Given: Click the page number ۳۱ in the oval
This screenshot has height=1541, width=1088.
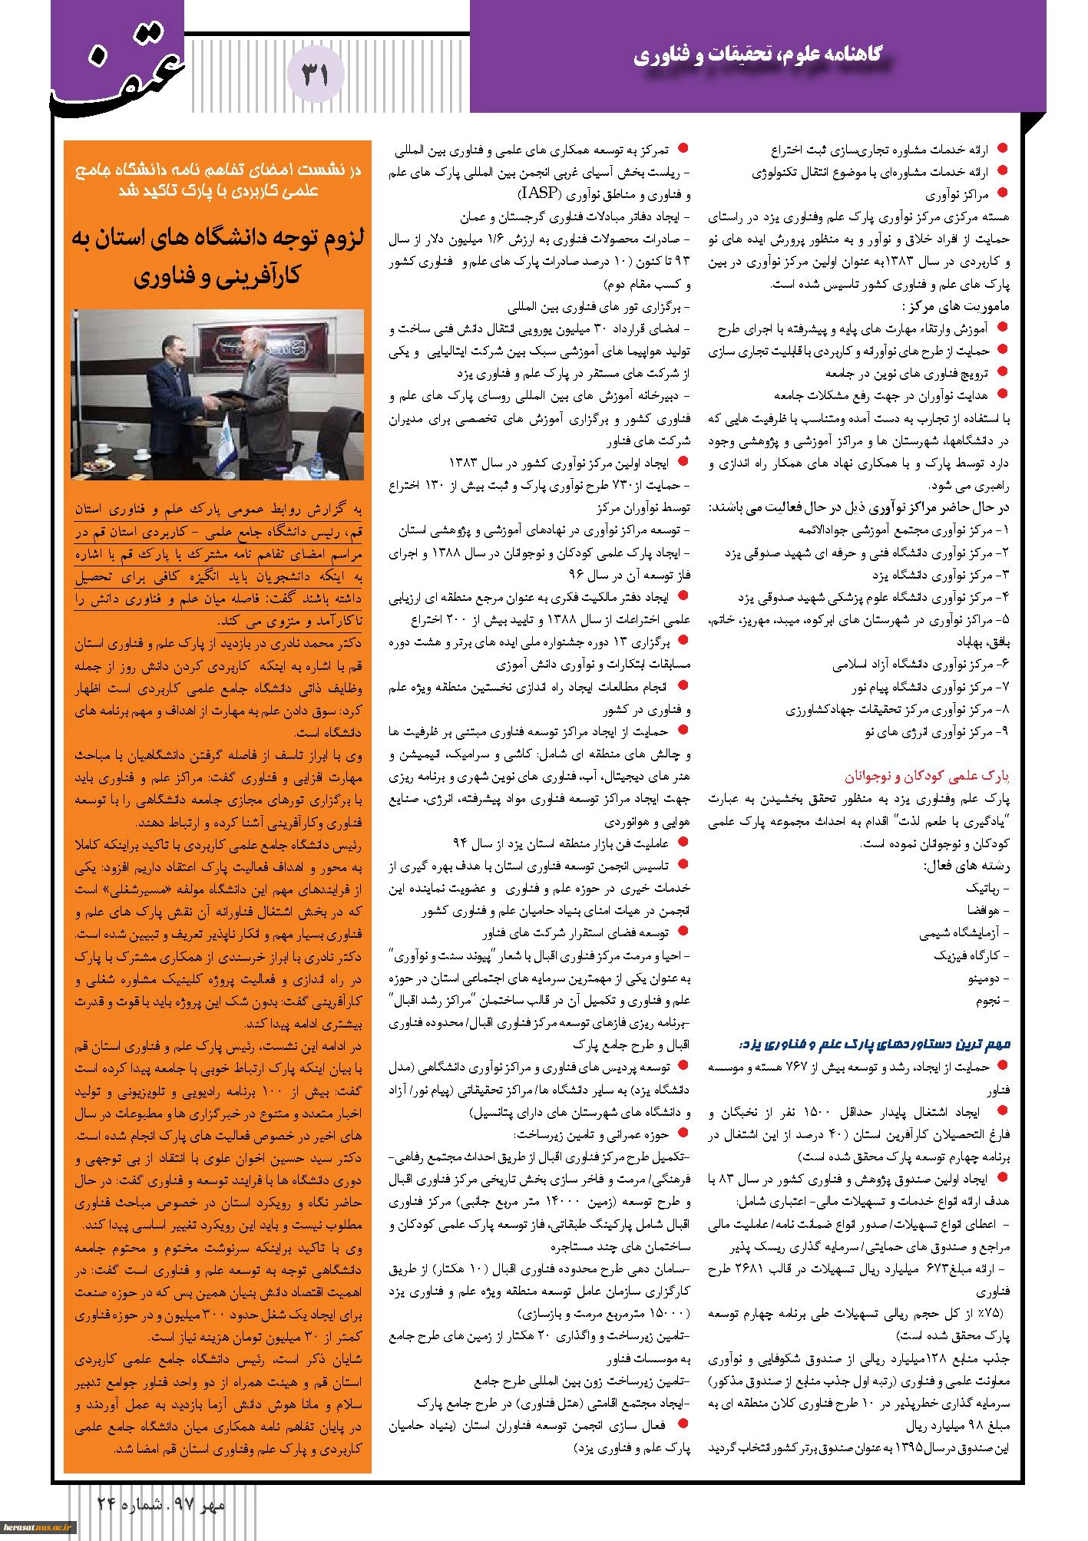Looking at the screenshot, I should click(x=316, y=74).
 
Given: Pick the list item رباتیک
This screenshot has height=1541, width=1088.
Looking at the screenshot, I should click(x=987, y=889).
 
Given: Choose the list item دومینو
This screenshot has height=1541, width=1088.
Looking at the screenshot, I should click(x=987, y=979).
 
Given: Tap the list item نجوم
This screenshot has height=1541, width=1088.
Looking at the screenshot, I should click(x=991, y=1001).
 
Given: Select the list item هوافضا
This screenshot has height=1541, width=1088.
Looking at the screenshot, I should click(x=986, y=911).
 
